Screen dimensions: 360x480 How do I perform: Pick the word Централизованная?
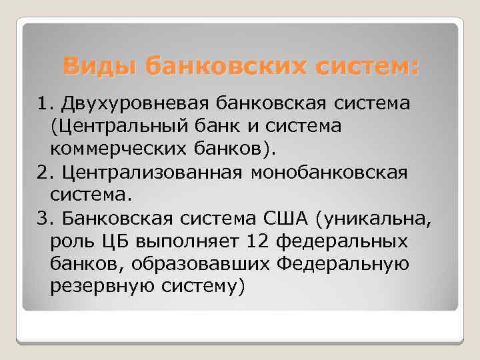click(152, 173)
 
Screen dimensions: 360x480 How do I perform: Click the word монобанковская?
click(329, 173)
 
